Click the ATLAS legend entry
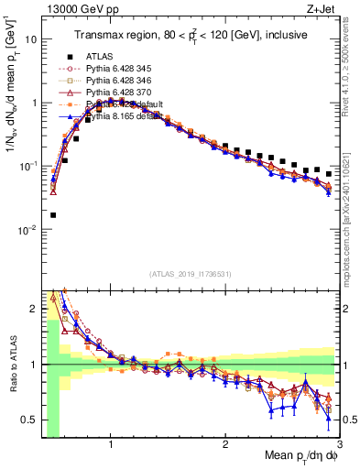pos(100,56)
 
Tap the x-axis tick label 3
pos(338,443)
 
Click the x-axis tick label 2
pos(225,443)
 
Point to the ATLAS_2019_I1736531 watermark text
pos(191,274)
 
